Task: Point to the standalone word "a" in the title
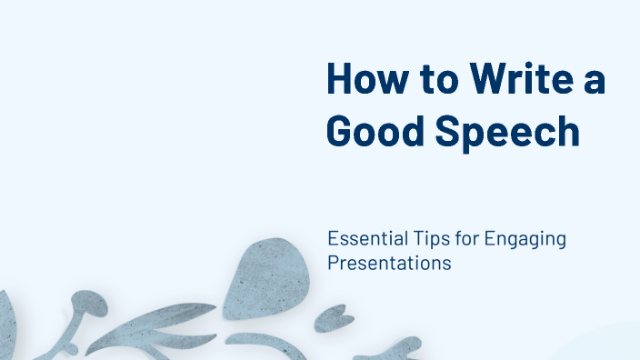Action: (x=595, y=80)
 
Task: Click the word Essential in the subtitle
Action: (x=360, y=239)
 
